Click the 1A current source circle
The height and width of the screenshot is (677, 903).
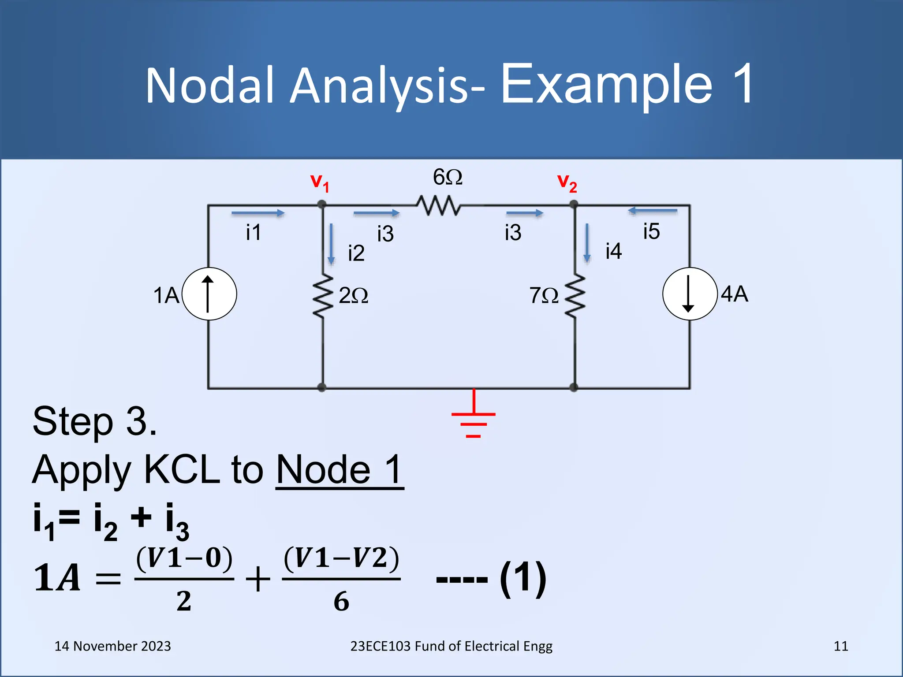coord(209,294)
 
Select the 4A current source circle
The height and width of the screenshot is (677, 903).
coord(690,294)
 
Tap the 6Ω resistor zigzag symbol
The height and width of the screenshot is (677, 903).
coord(439,205)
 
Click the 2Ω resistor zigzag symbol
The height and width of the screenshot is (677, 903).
coord(323,296)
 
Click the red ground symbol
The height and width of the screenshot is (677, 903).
coord(474,417)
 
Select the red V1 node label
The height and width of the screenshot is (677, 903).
coord(320,182)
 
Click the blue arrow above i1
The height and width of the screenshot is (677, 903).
coord(258,213)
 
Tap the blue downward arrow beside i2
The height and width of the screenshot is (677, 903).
coord(331,244)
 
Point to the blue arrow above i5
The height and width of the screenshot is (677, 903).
coord(653,211)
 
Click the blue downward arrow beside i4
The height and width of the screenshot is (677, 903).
coord(587,243)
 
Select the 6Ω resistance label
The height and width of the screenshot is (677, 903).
coord(448,177)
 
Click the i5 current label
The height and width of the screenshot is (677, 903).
coord(651,231)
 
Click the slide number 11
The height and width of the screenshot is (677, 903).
coord(841,646)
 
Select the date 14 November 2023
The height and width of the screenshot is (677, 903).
coord(112,646)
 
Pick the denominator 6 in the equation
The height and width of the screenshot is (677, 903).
coord(341,601)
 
